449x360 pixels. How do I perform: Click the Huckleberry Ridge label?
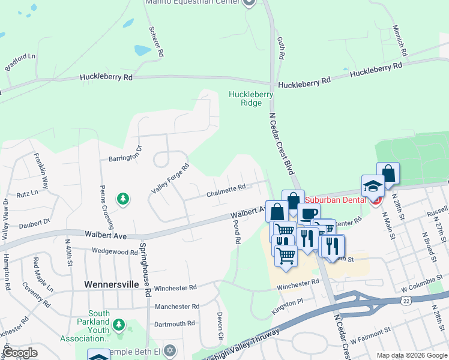[x=251, y=98]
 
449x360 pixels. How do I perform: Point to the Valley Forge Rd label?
[x=170, y=178]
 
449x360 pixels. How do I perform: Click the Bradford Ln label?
[x=20, y=62]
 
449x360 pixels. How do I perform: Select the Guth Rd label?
[x=280, y=48]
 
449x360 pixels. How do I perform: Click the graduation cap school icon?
[x=373, y=185]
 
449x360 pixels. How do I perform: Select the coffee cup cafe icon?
[x=309, y=214]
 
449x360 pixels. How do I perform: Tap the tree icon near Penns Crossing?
[x=122, y=199]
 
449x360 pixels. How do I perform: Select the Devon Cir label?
[x=220, y=320]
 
